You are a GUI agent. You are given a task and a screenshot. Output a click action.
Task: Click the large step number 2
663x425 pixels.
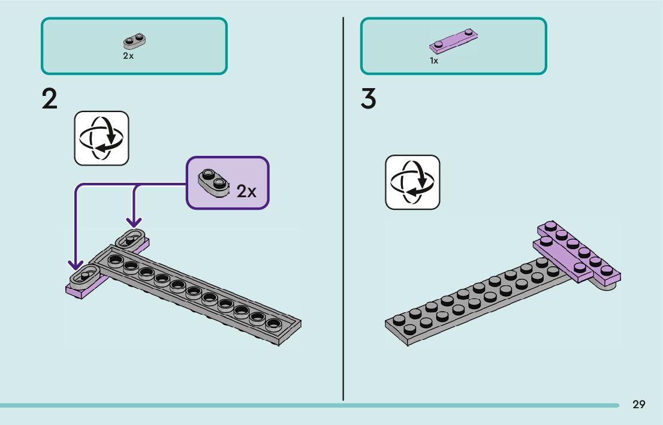[x=50, y=99]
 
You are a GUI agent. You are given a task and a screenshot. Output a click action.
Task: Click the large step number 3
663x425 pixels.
[x=368, y=99]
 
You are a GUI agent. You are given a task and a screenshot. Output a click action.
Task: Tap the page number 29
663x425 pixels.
[x=639, y=405]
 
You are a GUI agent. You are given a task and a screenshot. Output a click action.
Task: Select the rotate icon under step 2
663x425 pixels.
[x=101, y=138]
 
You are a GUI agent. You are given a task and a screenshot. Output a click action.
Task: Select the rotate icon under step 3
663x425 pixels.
[x=412, y=182]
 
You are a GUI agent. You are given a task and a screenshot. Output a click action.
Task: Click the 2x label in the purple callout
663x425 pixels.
[x=246, y=191]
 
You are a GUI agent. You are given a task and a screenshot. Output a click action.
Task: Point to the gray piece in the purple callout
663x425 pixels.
[x=213, y=182]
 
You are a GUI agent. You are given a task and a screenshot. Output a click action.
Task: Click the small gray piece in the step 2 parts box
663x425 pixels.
[x=134, y=41]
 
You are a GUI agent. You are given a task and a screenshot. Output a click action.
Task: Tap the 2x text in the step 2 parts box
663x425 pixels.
[x=128, y=56]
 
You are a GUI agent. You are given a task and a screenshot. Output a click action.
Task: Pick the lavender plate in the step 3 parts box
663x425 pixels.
[x=453, y=41]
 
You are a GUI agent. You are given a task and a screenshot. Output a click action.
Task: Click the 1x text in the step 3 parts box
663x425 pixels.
[x=434, y=61]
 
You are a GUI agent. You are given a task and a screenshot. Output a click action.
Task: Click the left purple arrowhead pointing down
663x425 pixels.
[x=76, y=265]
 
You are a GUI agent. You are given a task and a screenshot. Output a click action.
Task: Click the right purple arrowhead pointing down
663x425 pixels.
[x=134, y=221]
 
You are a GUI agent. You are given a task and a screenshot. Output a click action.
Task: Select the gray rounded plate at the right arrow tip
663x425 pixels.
[x=131, y=239]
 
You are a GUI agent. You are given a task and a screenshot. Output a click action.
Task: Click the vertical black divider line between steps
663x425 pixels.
[x=343, y=209]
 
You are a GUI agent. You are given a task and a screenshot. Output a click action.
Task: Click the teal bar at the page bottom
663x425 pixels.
[x=309, y=406]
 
